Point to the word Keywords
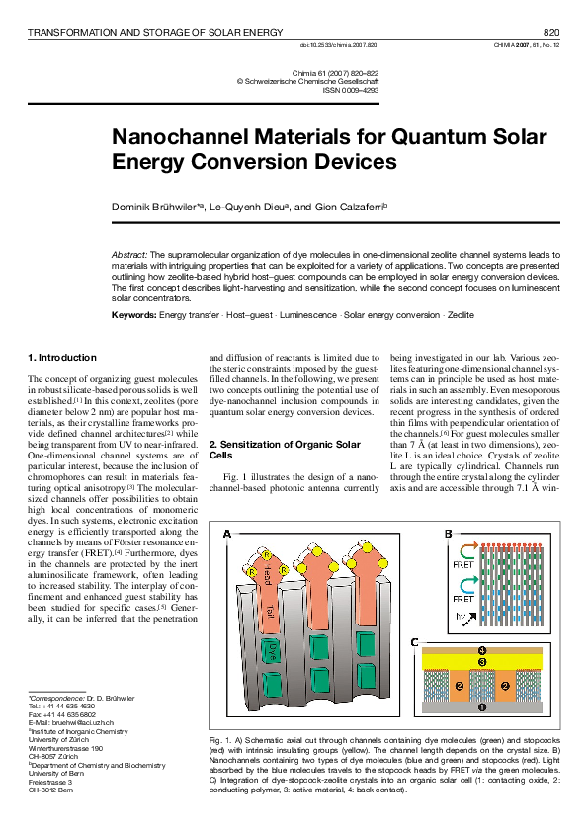tap(133, 314)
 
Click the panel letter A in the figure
tap(228, 534)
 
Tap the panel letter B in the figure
tap(449, 534)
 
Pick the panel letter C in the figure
tap(416, 642)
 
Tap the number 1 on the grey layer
tap(482, 707)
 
